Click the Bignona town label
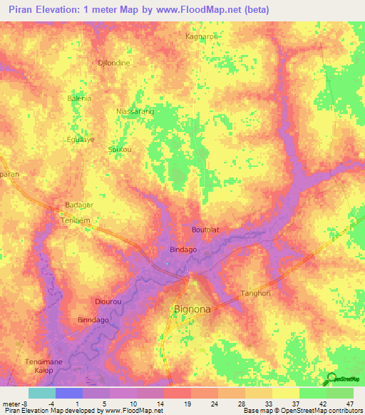click(x=192, y=309)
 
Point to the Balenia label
click(x=79, y=98)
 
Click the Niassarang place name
click(x=135, y=112)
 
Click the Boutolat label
click(x=206, y=230)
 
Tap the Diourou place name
click(x=108, y=302)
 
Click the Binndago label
click(x=95, y=320)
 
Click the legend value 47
click(x=351, y=404)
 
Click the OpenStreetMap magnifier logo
click(x=330, y=379)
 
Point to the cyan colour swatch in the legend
click(x=41, y=393)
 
